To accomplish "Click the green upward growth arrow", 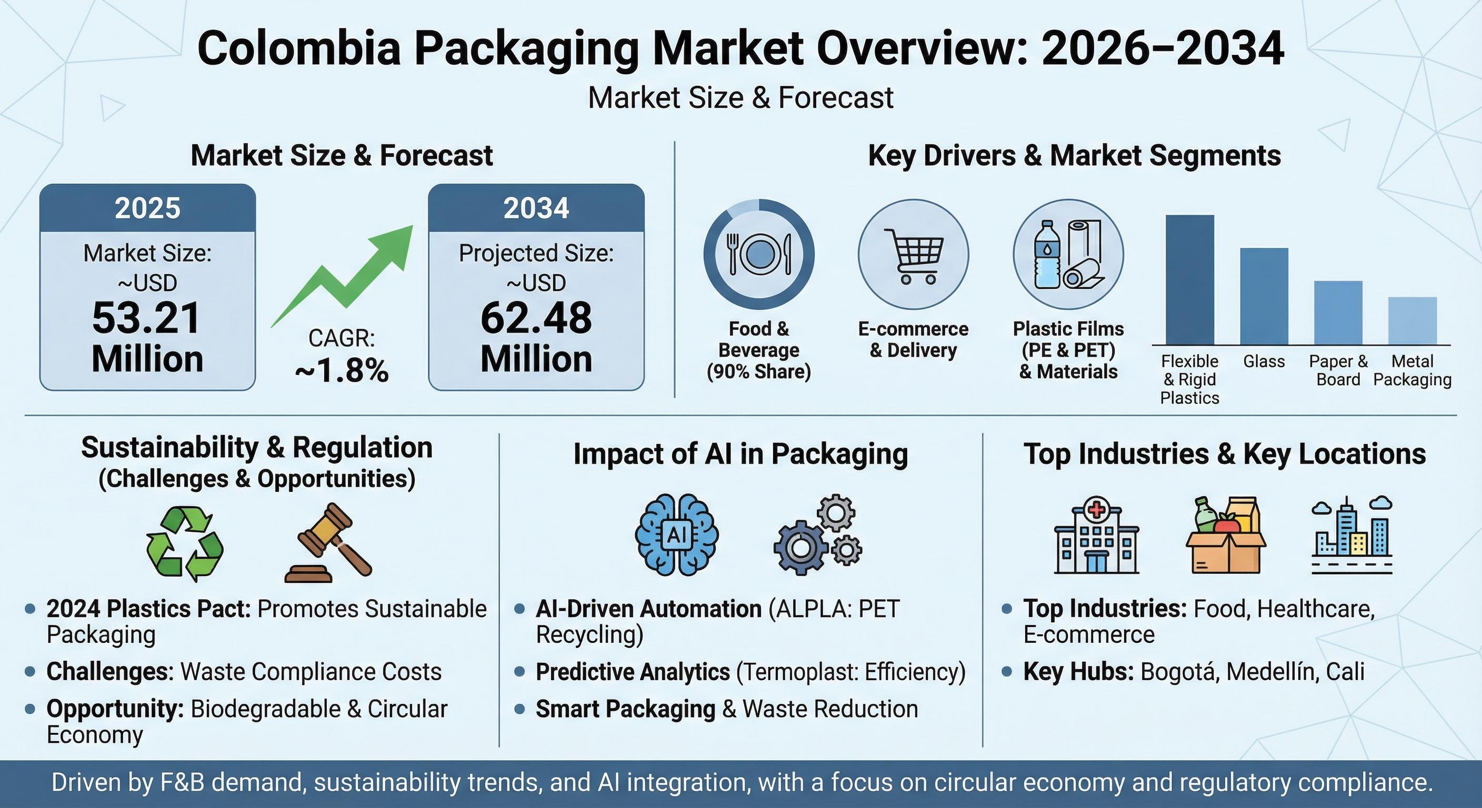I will pos(351,276).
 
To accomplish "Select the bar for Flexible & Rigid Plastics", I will pos(1189,280).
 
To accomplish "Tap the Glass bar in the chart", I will pos(1264,296).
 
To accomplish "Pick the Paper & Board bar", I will pos(1338,313).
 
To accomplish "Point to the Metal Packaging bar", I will pos(1412,321).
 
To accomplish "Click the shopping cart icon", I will pos(914,256).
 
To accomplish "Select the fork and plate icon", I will pos(759,254).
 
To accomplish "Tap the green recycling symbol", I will pos(184,543).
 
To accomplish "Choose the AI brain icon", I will pos(677,535).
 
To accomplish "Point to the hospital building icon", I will pos(1096,536).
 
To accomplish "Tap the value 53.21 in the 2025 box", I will pos(147,318).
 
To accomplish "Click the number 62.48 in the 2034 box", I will pos(536,318).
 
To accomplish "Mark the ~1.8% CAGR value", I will pos(342,371).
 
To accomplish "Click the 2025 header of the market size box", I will pos(147,208).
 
